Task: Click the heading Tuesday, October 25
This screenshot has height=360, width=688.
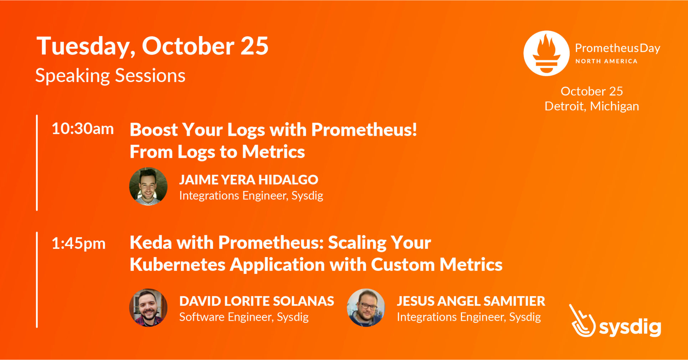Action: (152, 46)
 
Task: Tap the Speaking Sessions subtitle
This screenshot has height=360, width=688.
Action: (110, 76)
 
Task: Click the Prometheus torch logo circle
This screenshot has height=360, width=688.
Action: (546, 53)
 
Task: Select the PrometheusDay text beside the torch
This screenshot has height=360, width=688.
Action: (617, 48)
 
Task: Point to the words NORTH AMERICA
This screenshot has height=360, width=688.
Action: (606, 61)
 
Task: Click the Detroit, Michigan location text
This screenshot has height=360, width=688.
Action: (592, 106)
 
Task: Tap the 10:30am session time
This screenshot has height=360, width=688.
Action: (83, 129)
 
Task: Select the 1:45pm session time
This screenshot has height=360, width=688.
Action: (78, 244)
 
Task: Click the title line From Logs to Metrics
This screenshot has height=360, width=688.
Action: (217, 152)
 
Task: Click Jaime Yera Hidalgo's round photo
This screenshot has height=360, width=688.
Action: (148, 186)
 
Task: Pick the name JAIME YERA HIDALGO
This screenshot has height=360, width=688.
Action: (248, 180)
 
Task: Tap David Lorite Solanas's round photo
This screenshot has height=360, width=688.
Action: (148, 308)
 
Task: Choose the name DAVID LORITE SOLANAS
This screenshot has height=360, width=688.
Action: (257, 301)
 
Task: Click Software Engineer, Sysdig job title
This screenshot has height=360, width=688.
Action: (244, 317)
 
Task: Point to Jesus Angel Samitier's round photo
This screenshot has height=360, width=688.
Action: (366, 308)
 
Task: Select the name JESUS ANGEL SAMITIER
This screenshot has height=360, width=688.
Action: (471, 301)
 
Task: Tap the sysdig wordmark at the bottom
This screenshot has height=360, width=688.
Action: (630, 327)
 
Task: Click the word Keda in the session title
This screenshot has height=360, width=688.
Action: (151, 243)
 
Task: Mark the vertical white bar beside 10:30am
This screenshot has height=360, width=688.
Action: (37, 163)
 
